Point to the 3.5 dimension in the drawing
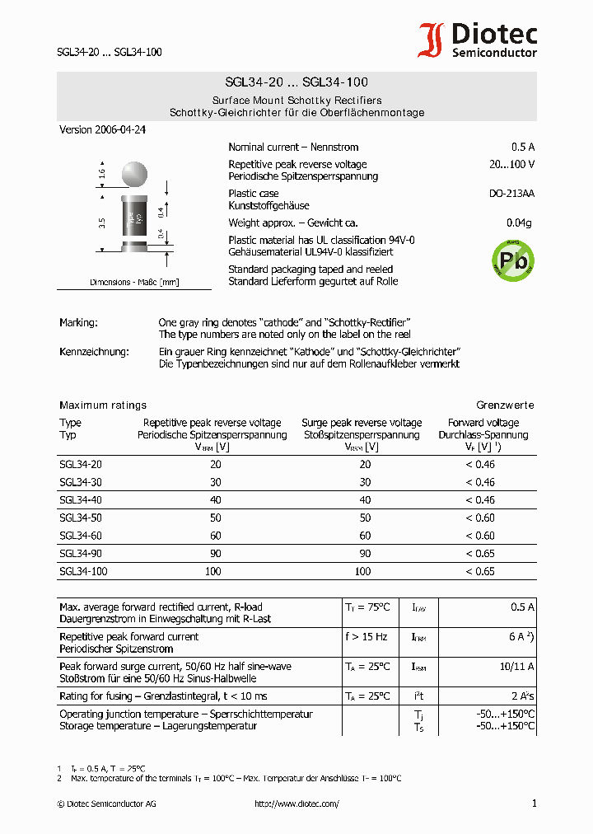pos(101,223)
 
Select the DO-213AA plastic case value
pos(511,194)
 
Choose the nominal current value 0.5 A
pos(523,147)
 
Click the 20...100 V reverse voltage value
pos(511,164)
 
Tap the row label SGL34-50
pos(81,518)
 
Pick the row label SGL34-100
pos(83,571)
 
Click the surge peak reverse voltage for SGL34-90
pos(364,554)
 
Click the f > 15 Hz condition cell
pos(367,637)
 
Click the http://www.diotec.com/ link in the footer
pos(296,804)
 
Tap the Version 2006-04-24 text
pos(102,130)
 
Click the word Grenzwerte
pos(505,405)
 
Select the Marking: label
pos(78,322)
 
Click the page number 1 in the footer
pos(534,804)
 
